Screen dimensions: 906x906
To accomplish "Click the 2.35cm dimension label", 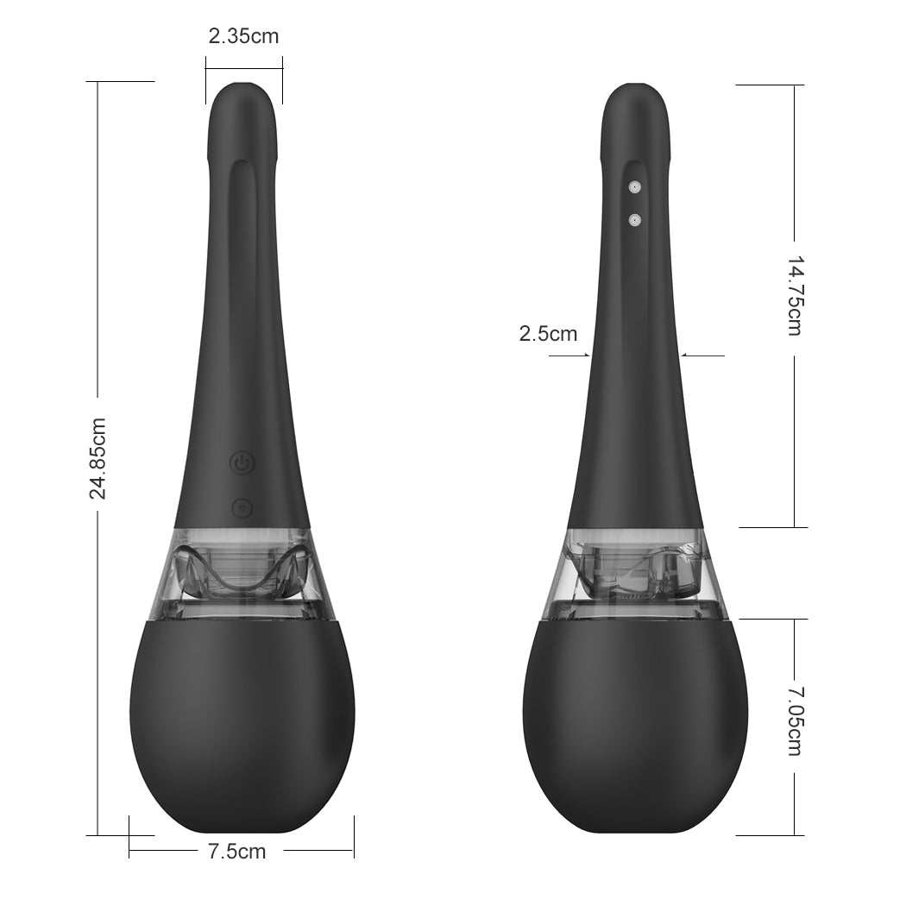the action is [x=243, y=36].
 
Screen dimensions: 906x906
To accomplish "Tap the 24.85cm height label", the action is [x=97, y=458].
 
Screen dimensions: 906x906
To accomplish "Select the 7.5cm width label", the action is [x=237, y=851].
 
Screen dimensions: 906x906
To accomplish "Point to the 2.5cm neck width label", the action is [x=548, y=333].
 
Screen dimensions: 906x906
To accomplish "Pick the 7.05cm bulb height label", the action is [x=796, y=720].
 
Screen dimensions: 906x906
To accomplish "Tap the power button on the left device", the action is [x=242, y=462].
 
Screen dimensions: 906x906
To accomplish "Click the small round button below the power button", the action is [x=242, y=508].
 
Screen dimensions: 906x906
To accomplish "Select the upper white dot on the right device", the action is [x=635, y=187].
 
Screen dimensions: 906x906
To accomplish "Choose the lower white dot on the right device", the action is [x=635, y=219].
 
